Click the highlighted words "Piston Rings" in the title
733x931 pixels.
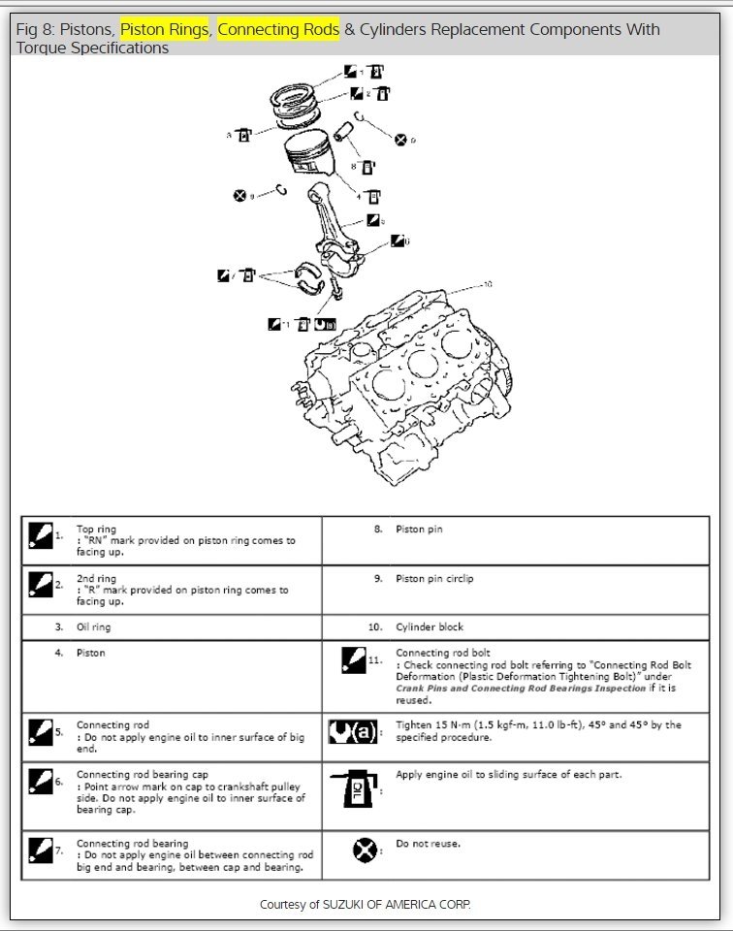tap(164, 30)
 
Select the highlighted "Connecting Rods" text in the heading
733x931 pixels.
tap(278, 30)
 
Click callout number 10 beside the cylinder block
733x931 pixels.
tap(487, 284)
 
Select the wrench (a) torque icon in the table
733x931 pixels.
tap(353, 729)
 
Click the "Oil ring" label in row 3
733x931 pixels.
tap(94, 627)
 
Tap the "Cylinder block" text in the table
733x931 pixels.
tap(430, 627)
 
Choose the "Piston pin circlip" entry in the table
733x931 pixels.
tap(434, 579)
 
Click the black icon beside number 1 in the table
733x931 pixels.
tap(40, 535)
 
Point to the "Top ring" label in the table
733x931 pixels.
tap(96, 530)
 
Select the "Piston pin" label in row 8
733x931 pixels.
tap(419, 530)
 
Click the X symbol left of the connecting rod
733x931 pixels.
tap(240, 196)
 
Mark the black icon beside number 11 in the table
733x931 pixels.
tap(353, 660)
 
